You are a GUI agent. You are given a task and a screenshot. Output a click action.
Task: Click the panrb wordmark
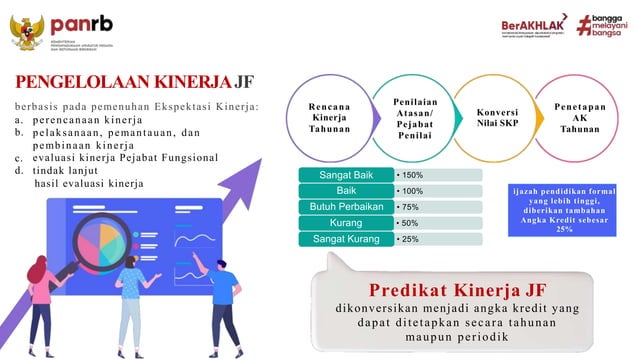tap(82, 22)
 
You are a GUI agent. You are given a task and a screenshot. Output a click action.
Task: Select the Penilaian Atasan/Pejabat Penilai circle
tap(413, 117)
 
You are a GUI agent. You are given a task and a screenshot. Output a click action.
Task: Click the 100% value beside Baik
tap(411, 191)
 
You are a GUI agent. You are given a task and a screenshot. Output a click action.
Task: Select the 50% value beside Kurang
tap(409, 223)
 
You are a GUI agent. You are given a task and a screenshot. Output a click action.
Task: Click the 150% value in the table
tap(411, 175)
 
